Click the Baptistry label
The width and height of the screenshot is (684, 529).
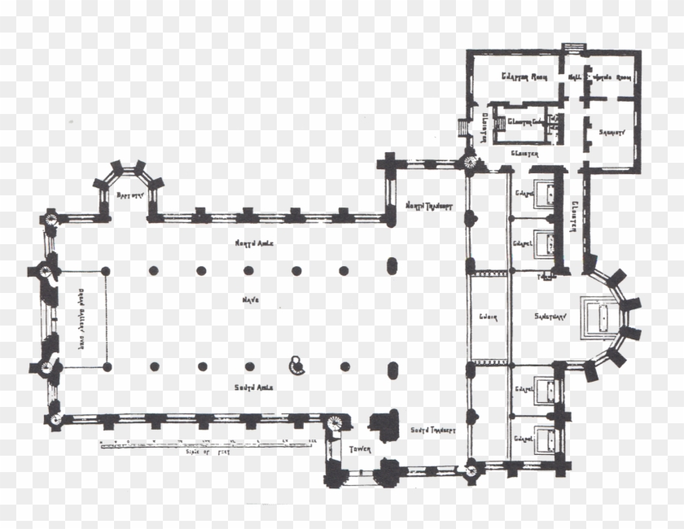coord(129,196)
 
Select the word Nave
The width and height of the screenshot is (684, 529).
coord(249,300)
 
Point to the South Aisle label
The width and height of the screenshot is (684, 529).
coord(251,386)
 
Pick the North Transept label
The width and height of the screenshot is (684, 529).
coord(430,204)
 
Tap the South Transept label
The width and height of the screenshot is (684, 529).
coord(432,430)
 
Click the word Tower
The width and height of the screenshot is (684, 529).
coord(360,449)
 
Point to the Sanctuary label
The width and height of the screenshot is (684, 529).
coord(534,316)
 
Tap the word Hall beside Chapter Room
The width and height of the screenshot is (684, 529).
coord(574,77)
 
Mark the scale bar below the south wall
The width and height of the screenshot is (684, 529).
coord(207,444)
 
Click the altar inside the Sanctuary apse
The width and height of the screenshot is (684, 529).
coord(601,316)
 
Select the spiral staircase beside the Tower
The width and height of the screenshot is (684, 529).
coord(335,424)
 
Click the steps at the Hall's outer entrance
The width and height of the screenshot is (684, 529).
coord(575,46)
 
